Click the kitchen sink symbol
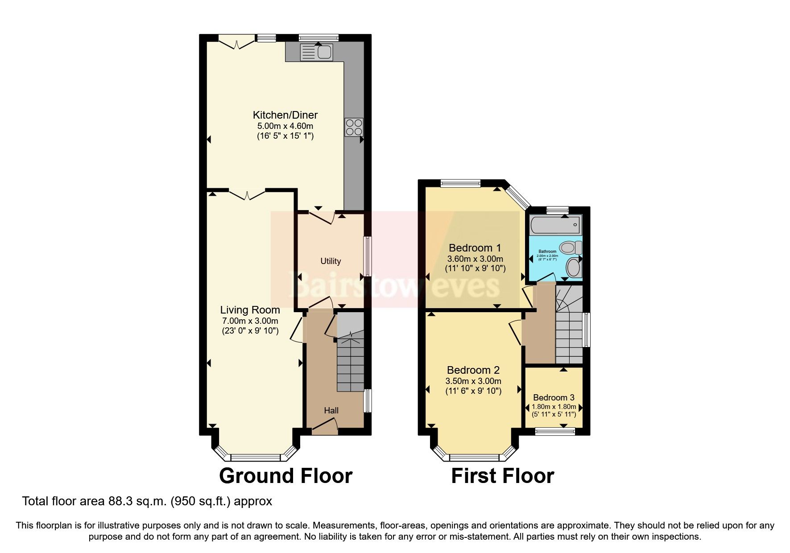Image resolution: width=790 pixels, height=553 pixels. (316, 52)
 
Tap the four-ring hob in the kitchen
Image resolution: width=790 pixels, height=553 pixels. (354, 127)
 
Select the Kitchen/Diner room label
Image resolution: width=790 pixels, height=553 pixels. (285, 115)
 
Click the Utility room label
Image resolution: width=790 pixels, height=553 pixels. (331, 261)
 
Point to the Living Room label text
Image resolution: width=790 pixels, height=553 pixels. (250, 310)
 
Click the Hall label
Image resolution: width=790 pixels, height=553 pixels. (331, 410)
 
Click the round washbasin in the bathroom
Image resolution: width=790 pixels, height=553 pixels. (573, 268)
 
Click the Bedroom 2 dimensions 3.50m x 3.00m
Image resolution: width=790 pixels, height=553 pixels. (473, 381)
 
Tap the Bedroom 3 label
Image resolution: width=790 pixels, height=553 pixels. (554, 397)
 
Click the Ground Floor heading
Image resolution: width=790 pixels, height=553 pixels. (285, 476)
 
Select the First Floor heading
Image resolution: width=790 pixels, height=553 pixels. (502, 476)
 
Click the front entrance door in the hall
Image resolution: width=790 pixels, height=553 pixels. (325, 428)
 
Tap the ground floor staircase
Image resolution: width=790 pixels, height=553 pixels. (350, 366)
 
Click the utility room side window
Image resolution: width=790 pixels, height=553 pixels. (368, 256)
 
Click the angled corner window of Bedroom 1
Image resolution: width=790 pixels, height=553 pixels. (517, 196)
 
